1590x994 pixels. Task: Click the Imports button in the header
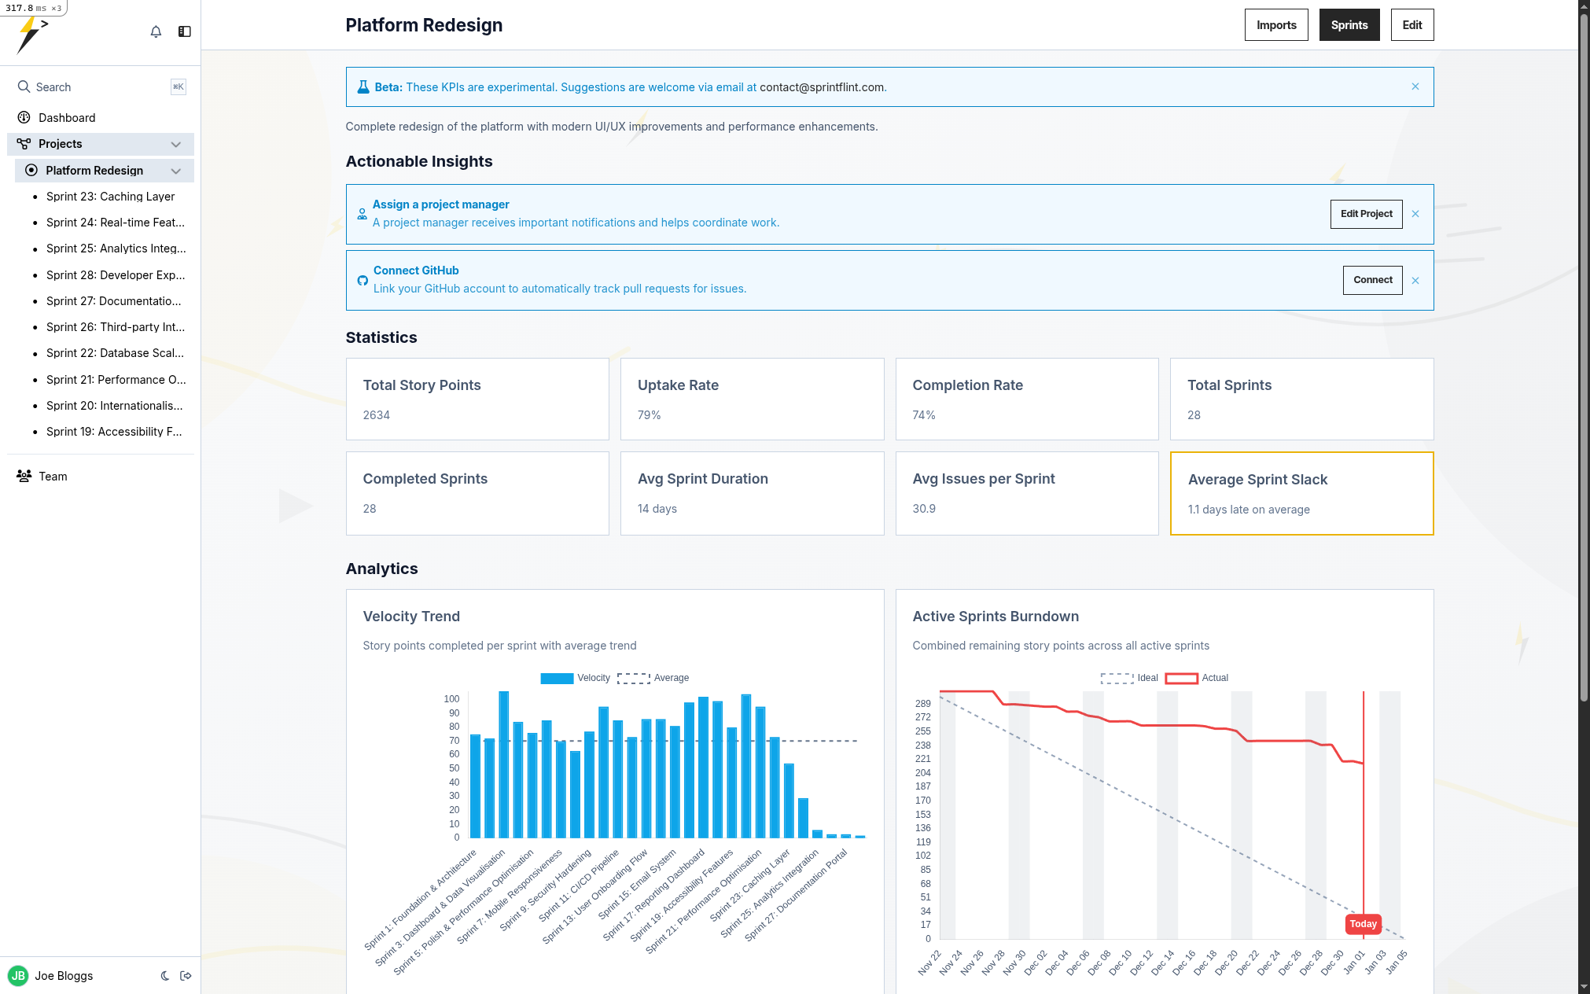click(1275, 25)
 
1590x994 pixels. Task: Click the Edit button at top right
click(1411, 25)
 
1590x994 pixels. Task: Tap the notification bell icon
click(156, 31)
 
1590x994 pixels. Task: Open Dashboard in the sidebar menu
click(67, 118)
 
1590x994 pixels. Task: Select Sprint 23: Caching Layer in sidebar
click(110, 197)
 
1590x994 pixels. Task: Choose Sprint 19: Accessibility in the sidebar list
click(113, 432)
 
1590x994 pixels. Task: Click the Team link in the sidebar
click(53, 477)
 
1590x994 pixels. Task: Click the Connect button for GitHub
click(1372, 280)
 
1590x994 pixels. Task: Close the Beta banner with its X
click(1415, 87)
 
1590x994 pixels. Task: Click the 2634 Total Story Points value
click(376, 415)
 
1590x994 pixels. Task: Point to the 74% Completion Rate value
click(923, 415)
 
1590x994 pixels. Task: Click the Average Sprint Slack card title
click(1257, 480)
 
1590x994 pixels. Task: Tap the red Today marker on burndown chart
click(1363, 924)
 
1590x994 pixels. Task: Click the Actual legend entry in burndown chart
click(1214, 678)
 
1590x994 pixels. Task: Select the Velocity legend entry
click(593, 678)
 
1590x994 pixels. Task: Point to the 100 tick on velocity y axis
click(451, 699)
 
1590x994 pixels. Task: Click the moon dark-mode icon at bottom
click(165, 976)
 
